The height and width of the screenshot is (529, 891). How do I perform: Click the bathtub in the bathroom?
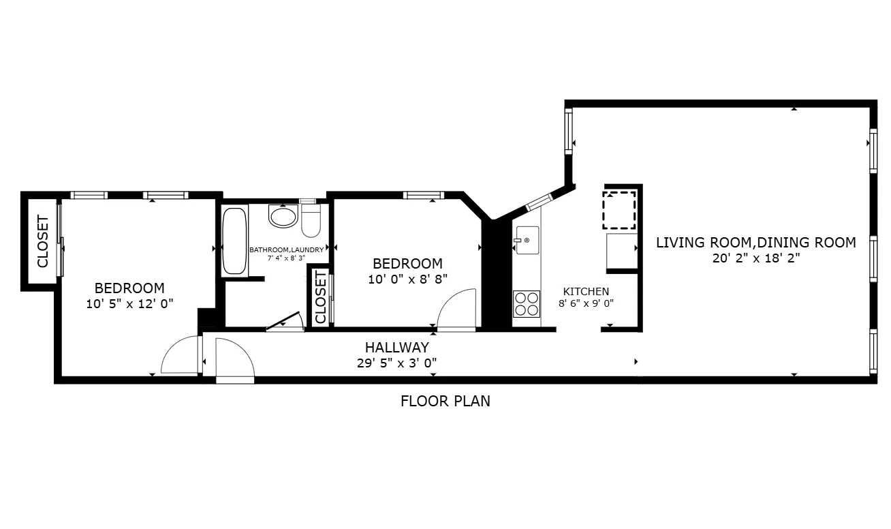235,241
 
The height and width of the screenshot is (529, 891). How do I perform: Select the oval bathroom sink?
283,217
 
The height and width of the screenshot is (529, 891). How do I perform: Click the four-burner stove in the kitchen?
526,303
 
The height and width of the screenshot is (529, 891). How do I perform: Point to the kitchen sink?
527,241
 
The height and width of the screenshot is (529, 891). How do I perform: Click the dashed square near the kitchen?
619,209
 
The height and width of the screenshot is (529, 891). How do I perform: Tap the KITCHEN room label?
586,291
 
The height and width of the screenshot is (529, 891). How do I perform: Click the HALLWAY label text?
396,348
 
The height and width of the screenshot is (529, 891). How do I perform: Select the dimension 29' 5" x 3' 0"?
396,363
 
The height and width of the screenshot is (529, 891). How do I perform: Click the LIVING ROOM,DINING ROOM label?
755,242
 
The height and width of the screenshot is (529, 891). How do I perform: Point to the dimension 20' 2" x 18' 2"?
755,258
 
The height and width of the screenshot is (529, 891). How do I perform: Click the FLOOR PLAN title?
445,401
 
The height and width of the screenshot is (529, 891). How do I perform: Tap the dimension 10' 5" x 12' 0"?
129,304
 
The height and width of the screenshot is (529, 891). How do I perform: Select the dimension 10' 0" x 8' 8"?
407,279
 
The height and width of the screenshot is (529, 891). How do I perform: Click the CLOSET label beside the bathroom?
320,297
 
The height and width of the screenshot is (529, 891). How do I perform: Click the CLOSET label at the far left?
42,241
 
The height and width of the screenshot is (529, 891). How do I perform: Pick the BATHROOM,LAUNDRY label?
286,250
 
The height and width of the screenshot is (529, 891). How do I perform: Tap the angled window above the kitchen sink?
539,201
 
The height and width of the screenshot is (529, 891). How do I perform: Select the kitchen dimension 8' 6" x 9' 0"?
586,304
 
